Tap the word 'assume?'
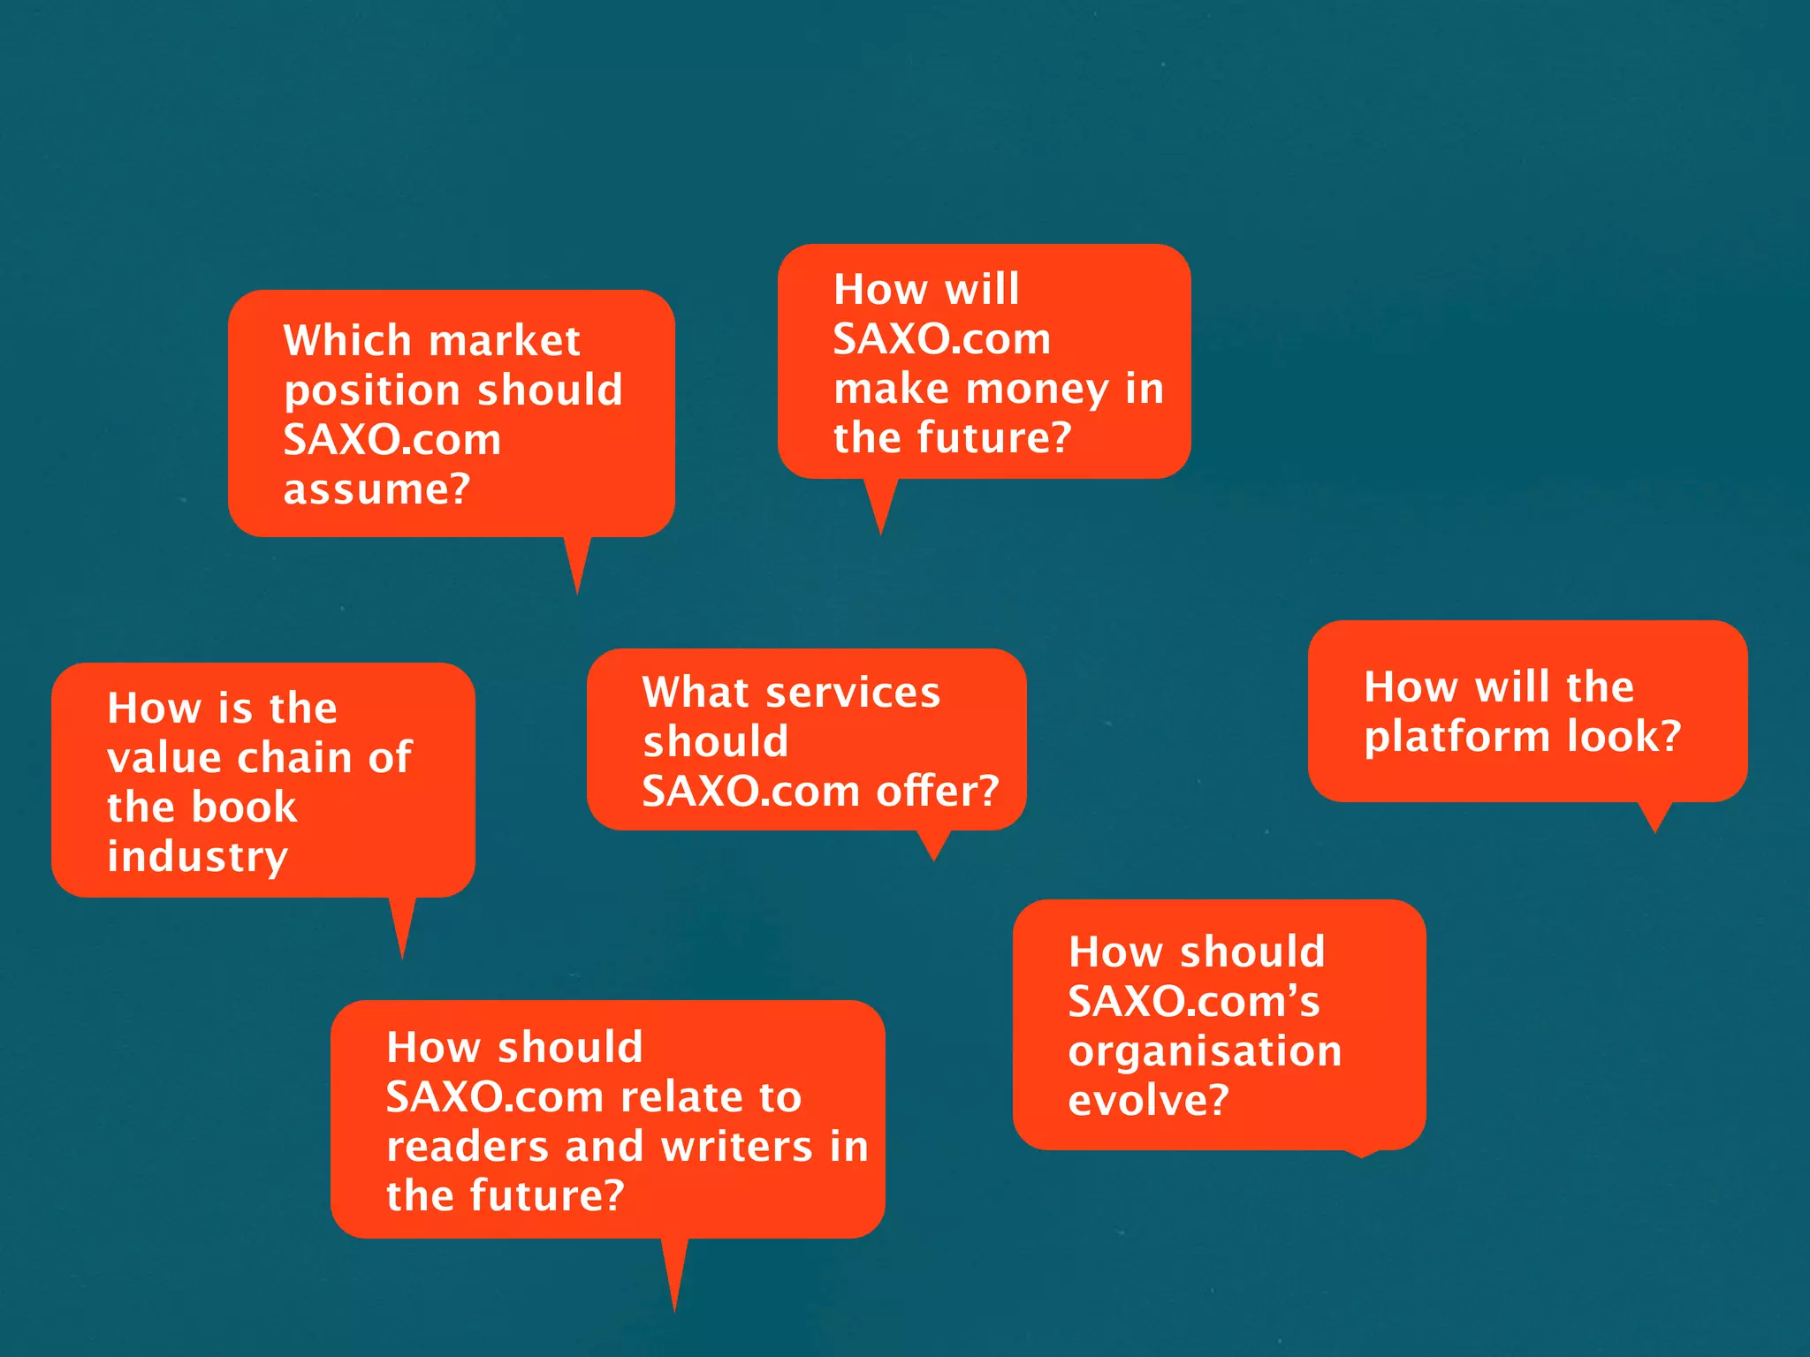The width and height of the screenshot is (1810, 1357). (376, 489)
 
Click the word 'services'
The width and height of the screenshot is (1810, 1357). (853, 692)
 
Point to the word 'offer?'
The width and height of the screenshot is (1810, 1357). (938, 791)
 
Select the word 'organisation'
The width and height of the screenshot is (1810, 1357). (1205, 1051)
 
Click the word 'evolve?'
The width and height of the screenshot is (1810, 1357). (1148, 1101)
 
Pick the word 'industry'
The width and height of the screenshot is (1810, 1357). (198, 857)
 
